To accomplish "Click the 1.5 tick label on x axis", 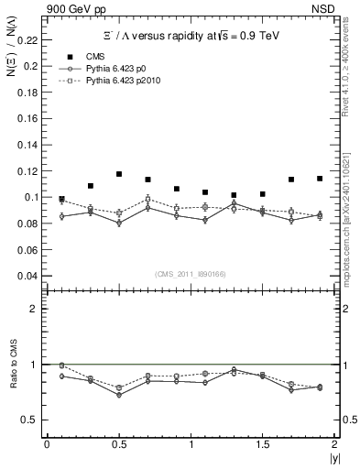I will click(262, 443).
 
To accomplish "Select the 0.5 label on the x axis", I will click(119, 443).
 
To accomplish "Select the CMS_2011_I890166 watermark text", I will click(191, 273).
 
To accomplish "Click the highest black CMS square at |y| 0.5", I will click(119, 174).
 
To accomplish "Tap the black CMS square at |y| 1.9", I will click(320, 179).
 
